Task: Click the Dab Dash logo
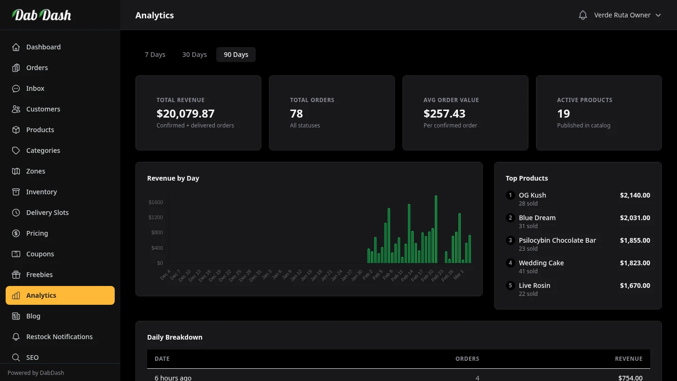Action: [x=41, y=15]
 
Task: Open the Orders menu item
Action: [x=37, y=68]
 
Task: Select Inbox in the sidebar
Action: [x=35, y=88]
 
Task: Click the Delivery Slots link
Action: [x=47, y=213]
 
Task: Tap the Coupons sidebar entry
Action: [x=40, y=254]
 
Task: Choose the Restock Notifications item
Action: [x=59, y=337]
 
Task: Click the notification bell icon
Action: [x=583, y=15]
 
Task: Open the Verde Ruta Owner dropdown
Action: [x=627, y=15]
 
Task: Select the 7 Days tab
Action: [x=155, y=55]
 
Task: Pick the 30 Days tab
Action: [x=195, y=55]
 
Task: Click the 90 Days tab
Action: [x=236, y=55]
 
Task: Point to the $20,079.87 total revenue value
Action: [x=185, y=114]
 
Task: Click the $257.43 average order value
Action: [x=444, y=114]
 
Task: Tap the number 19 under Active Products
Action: [x=563, y=114]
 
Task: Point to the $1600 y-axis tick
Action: [x=156, y=202]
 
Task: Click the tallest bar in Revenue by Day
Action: [x=436, y=230]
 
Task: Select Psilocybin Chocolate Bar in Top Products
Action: [x=557, y=240]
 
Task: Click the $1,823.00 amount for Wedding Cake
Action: [x=635, y=263]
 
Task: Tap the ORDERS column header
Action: [x=467, y=358]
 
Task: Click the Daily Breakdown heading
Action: [x=174, y=337]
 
